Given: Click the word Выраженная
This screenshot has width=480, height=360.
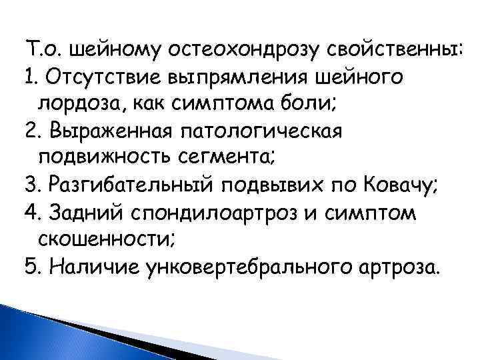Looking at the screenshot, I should click(107, 132).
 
